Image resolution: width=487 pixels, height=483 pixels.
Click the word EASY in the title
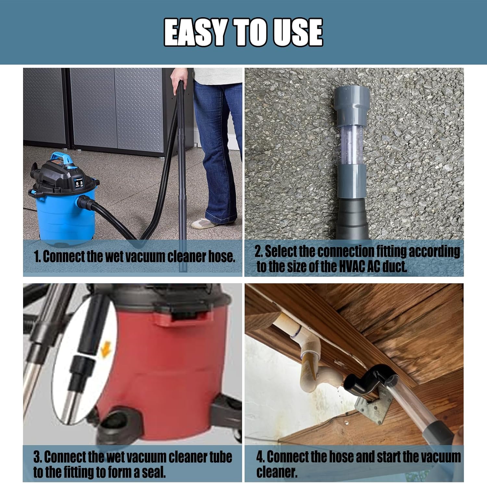[x=194, y=32]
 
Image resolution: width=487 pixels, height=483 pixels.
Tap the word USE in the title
[x=297, y=32]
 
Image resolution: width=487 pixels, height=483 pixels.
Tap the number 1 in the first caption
[x=37, y=257]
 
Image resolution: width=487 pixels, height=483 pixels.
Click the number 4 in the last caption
[x=260, y=457]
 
